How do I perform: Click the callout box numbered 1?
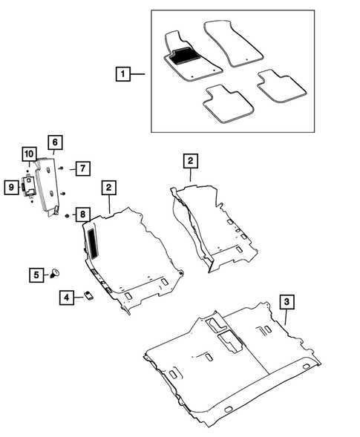click(x=123, y=74)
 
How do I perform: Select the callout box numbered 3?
click(x=287, y=301)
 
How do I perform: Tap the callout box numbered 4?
click(x=67, y=298)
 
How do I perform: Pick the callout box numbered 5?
click(x=36, y=275)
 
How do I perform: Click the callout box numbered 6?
click(x=55, y=142)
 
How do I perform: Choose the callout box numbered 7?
click(x=83, y=168)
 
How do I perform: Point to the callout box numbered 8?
click(x=83, y=214)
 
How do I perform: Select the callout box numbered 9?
click(x=11, y=187)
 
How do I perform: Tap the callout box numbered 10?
click(x=29, y=154)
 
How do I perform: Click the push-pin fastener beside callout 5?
click(x=55, y=273)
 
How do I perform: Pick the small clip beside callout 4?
click(x=89, y=295)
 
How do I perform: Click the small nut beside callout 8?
click(x=67, y=215)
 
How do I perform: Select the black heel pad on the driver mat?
click(x=184, y=55)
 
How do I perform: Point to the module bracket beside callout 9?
click(x=28, y=185)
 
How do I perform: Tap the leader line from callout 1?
click(x=137, y=74)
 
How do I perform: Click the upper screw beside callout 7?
click(x=62, y=168)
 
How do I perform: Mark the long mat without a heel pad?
click(x=233, y=43)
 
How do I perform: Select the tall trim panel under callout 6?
click(x=48, y=186)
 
